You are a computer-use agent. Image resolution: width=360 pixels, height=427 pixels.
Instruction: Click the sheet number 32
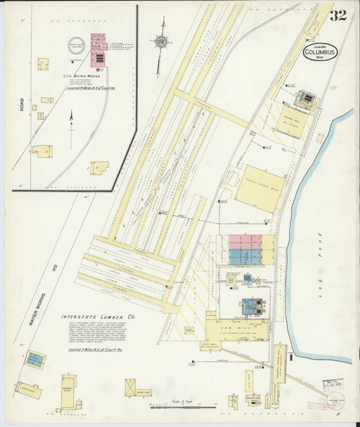click(338, 15)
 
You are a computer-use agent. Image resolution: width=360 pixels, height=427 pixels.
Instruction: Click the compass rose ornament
click(161, 42)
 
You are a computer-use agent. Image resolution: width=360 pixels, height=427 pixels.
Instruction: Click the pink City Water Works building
click(99, 45)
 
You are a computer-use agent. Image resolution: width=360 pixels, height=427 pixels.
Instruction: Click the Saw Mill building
click(236, 329)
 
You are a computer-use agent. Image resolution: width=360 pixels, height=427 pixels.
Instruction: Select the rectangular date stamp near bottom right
click(332, 384)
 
